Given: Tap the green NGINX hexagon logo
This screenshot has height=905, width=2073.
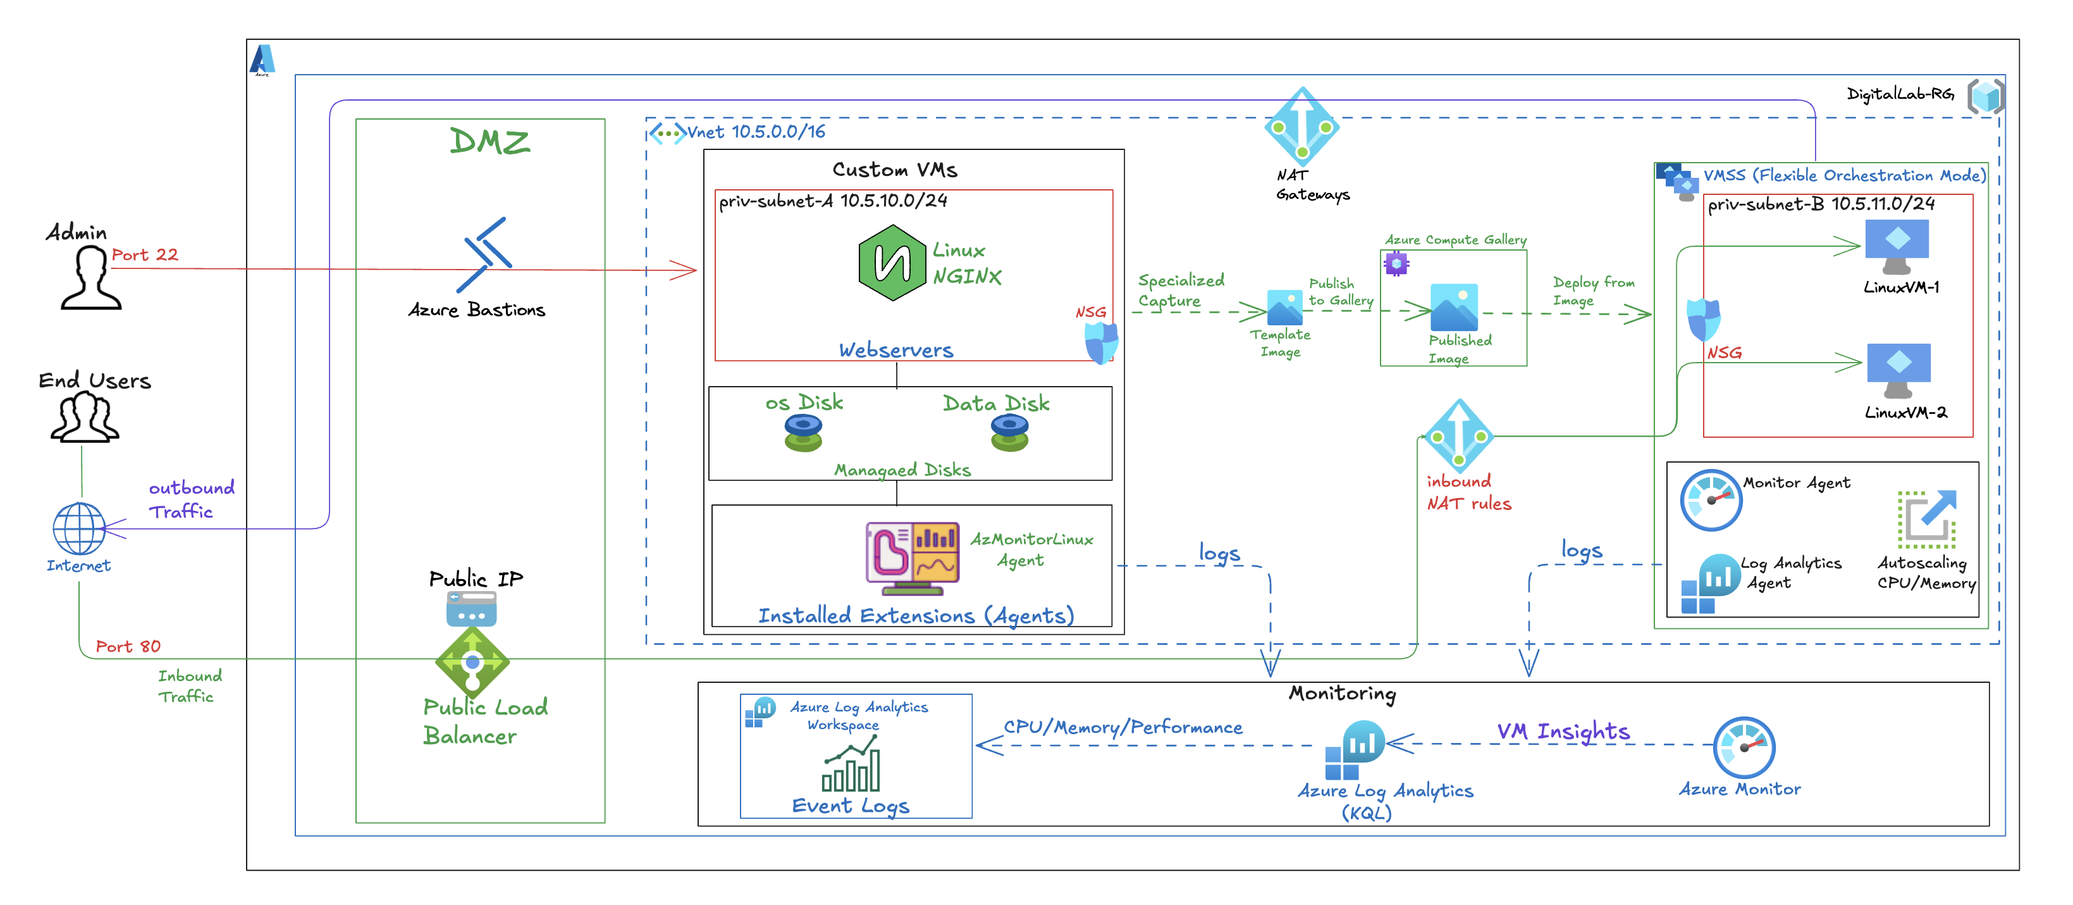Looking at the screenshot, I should (892, 263).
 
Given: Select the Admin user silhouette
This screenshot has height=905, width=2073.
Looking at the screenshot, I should (90, 278).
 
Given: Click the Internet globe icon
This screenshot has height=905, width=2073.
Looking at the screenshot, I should (79, 528).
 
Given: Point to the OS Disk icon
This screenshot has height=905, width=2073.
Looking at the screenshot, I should (803, 432).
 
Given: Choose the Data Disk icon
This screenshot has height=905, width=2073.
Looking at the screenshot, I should (1009, 432).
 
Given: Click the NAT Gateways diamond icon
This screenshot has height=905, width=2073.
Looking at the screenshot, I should (1301, 127).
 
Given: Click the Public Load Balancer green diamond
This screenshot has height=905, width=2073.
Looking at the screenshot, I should (472, 663).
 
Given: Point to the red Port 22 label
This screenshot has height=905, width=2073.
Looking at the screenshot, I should (145, 254).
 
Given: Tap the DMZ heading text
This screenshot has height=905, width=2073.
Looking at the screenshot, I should (489, 142).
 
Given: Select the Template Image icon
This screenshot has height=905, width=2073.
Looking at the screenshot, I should (1284, 308).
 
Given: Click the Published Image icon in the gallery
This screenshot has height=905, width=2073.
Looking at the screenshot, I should (1453, 308).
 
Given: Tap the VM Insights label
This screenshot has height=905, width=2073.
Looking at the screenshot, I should (1563, 731).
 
